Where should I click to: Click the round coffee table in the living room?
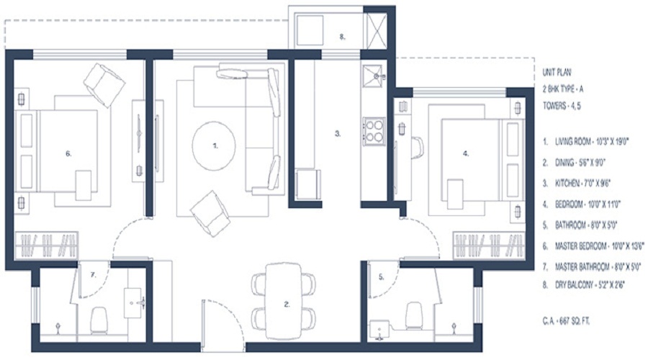[x=214, y=143]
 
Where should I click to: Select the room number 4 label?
[x=466, y=153]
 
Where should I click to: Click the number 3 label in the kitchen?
[x=337, y=133]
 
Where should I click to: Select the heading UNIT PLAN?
[x=557, y=73]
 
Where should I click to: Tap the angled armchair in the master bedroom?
[x=104, y=84]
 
